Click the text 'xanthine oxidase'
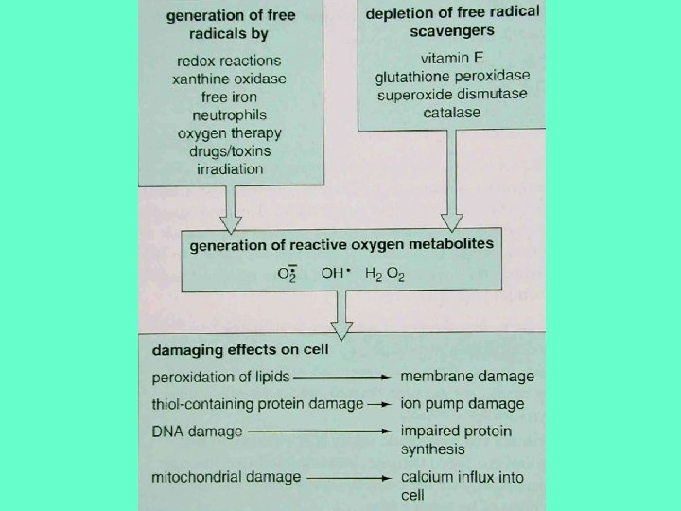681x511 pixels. pyautogui.click(x=229, y=79)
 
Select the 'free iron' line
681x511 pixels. pyautogui.click(x=229, y=97)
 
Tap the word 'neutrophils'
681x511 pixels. pyautogui.click(x=229, y=115)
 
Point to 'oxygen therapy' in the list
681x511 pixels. pyautogui.click(x=229, y=132)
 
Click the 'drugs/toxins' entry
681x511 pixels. pyautogui.click(x=229, y=150)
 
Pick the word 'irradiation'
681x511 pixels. pyautogui.click(x=229, y=168)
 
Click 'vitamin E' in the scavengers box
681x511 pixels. pyautogui.click(x=453, y=58)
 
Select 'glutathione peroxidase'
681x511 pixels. pyautogui.click(x=453, y=76)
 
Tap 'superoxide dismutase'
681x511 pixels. pyautogui.click(x=453, y=94)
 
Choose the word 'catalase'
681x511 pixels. pyautogui.click(x=453, y=112)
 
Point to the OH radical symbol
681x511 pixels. pyautogui.click(x=336, y=273)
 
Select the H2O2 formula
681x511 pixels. pyautogui.click(x=385, y=274)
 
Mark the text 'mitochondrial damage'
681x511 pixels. pyautogui.click(x=225, y=477)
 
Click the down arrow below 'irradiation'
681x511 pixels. pyautogui.click(x=230, y=206)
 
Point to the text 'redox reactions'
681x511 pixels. pyautogui.click(x=229, y=61)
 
